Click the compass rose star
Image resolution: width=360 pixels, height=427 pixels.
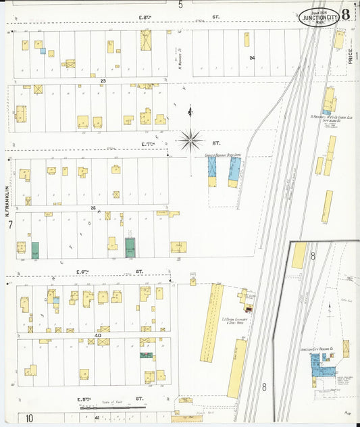pos(191,141)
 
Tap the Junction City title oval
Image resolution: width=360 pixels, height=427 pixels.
pos(319,16)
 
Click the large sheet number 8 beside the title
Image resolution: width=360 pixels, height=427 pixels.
pos(345,14)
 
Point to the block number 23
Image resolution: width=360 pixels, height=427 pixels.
pos(103,81)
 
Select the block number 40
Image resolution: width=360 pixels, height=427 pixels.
pos(98,335)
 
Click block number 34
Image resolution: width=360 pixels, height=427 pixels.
pos(251,58)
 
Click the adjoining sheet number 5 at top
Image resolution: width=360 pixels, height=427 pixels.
pos(180,5)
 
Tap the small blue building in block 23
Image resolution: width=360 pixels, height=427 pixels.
pos(43,51)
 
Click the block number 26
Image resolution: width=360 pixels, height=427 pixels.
pos(93,209)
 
